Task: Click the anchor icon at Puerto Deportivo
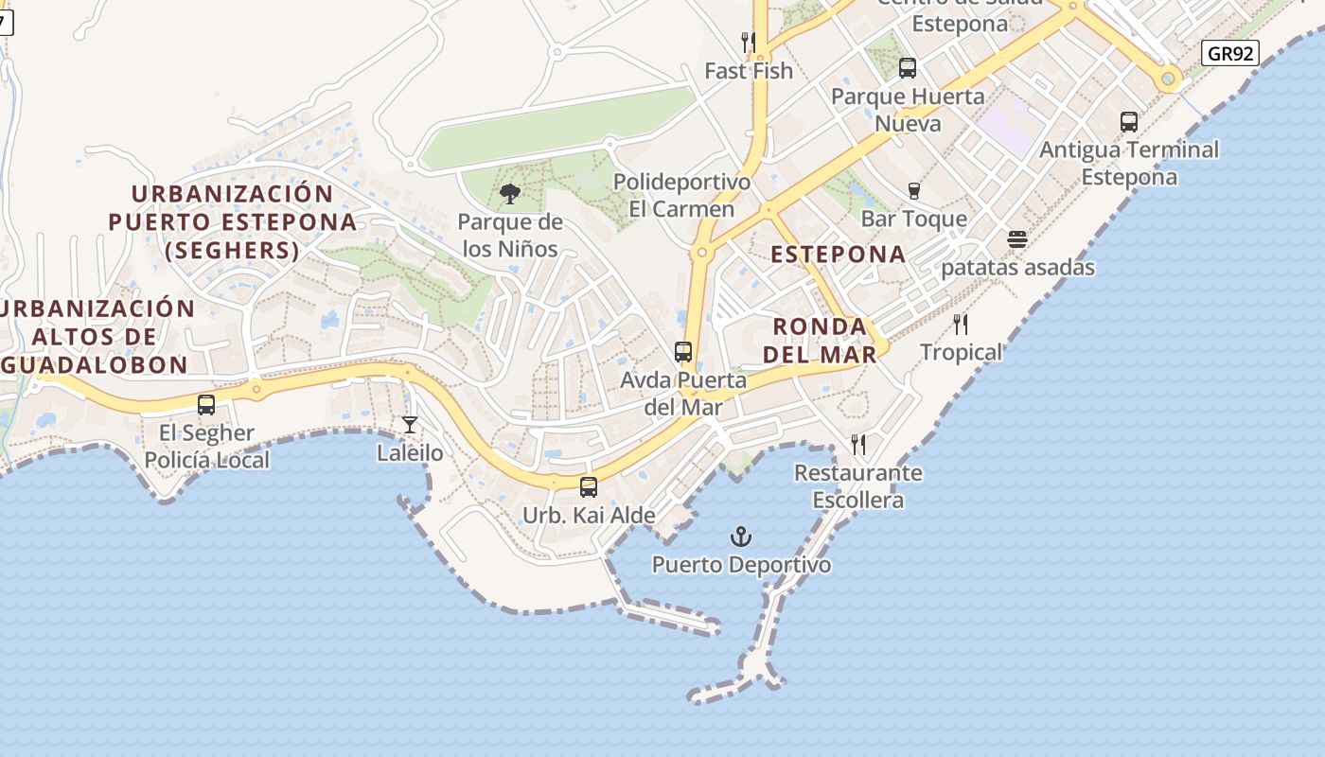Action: (x=741, y=537)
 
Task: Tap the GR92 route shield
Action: (x=1231, y=53)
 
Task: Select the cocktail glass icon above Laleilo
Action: (x=410, y=425)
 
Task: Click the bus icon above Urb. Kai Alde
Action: (x=589, y=487)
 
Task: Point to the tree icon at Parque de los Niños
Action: (x=510, y=194)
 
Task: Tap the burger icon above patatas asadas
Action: (x=1017, y=239)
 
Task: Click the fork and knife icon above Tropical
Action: (x=961, y=325)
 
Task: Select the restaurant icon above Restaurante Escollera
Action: (x=858, y=445)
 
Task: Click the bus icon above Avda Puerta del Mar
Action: (x=683, y=352)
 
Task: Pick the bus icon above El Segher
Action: (x=206, y=405)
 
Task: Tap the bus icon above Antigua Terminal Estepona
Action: (x=1129, y=121)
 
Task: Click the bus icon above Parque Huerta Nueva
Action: (x=908, y=68)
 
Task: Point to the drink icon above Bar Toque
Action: (x=913, y=191)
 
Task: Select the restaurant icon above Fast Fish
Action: (x=749, y=43)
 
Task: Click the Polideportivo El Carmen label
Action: (x=681, y=195)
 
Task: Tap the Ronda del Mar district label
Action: (x=820, y=341)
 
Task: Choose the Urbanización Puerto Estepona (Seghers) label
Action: (x=233, y=222)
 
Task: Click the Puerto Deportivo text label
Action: (x=741, y=565)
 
